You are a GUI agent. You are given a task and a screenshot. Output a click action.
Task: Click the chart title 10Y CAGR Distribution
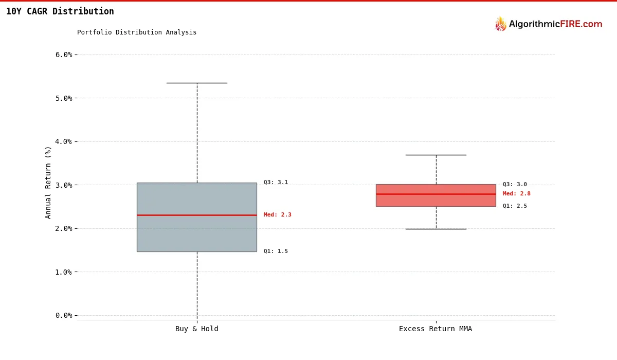tap(60, 11)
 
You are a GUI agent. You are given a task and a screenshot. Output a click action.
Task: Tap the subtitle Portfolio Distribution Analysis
tap(137, 32)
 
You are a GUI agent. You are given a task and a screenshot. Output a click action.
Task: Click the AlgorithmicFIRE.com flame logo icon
tap(500, 24)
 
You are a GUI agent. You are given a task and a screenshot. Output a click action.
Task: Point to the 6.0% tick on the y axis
tap(64, 55)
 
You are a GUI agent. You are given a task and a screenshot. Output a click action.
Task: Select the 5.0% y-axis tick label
tap(64, 98)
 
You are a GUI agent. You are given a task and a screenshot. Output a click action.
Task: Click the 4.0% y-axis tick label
tap(64, 141)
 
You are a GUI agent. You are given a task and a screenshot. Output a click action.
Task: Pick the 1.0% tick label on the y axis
tap(64, 272)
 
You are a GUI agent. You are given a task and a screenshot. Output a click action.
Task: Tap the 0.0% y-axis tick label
tap(64, 315)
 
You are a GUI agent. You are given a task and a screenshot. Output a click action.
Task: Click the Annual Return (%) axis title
tap(48, 182)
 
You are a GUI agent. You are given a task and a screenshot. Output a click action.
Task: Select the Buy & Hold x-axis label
tap(197, 329)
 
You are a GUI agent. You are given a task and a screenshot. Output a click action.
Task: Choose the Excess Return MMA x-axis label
tap(435, 329)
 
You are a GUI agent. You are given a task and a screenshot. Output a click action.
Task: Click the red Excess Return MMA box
tap(436, 200)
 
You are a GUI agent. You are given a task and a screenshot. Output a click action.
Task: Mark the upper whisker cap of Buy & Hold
tap(197, 83)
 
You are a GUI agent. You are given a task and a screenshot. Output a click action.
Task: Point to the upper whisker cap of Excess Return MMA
tap(436, 155)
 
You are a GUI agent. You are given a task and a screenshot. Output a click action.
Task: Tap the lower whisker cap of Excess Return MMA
tap(436, 229)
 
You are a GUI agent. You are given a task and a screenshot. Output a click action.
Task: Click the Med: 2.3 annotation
tap(278, 215)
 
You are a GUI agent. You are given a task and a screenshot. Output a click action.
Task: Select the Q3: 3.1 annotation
tap(276, 183)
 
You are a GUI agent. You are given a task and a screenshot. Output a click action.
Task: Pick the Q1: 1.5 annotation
tap(276, 251)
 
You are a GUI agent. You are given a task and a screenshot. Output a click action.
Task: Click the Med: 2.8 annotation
tap(517, 194)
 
